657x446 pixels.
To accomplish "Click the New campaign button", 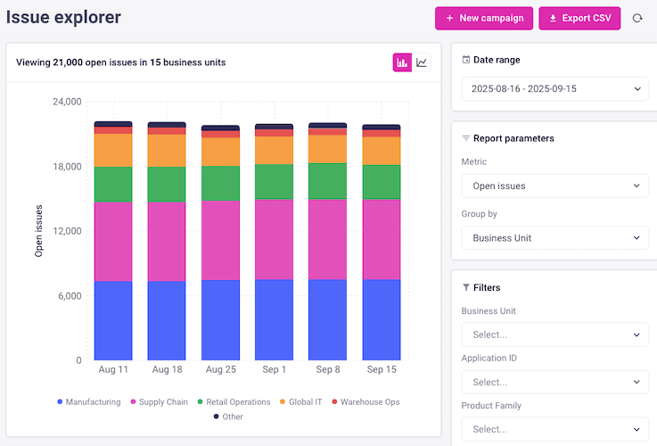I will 485,18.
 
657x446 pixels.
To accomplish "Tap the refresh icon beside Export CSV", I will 637,18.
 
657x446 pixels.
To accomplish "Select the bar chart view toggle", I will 402,62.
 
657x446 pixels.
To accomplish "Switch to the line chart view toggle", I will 422,62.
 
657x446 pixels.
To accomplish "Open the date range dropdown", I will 554,88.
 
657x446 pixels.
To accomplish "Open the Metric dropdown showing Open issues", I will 554,186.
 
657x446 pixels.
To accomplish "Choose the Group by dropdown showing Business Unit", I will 554,238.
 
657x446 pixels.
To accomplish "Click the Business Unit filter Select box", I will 554,334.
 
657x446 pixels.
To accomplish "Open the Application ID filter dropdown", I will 554,382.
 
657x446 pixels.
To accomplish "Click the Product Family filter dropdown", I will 554,429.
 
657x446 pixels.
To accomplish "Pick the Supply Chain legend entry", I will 160,402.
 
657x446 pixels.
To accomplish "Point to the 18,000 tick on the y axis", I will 66,167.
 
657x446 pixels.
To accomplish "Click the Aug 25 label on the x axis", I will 220,368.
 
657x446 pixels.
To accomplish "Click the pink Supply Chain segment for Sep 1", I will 274,239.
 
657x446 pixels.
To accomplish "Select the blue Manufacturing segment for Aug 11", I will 113,321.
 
